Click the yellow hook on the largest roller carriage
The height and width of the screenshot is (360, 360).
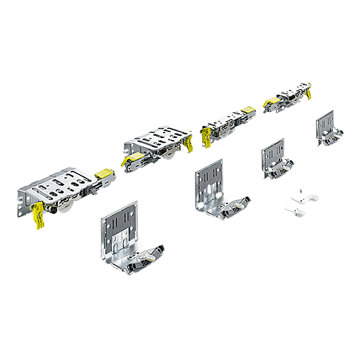(38, 215)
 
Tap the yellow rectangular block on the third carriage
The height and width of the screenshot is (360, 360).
(247, 111)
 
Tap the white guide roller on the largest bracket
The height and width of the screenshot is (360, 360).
(148, 257)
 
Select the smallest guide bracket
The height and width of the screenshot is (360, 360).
(328, 128)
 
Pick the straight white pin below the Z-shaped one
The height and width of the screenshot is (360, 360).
(295, 211)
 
